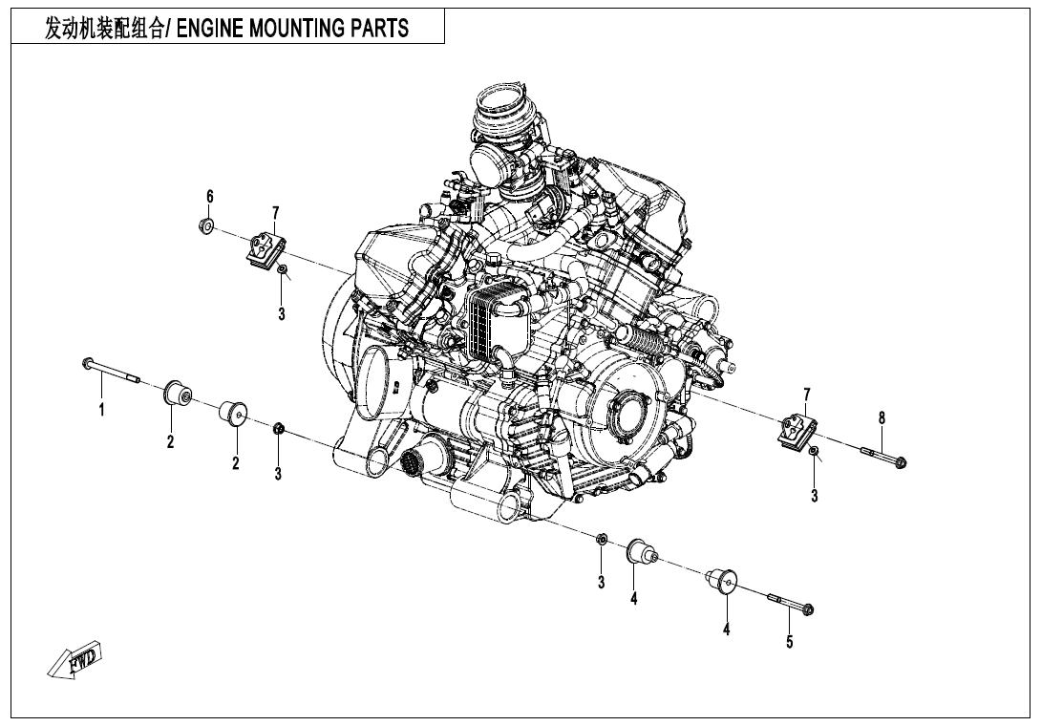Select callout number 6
pos(209,196)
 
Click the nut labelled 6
pos(204,226)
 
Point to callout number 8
pos(882,416)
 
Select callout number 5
pos(789,642)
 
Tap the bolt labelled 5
pos(789,603)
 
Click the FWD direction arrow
pos(75,660)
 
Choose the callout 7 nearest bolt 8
pos(807,395)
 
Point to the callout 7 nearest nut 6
pos(275,211)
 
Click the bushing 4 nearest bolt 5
pos(723,580)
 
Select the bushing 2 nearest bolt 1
pos(175,394)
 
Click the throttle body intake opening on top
pos(498,105)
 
